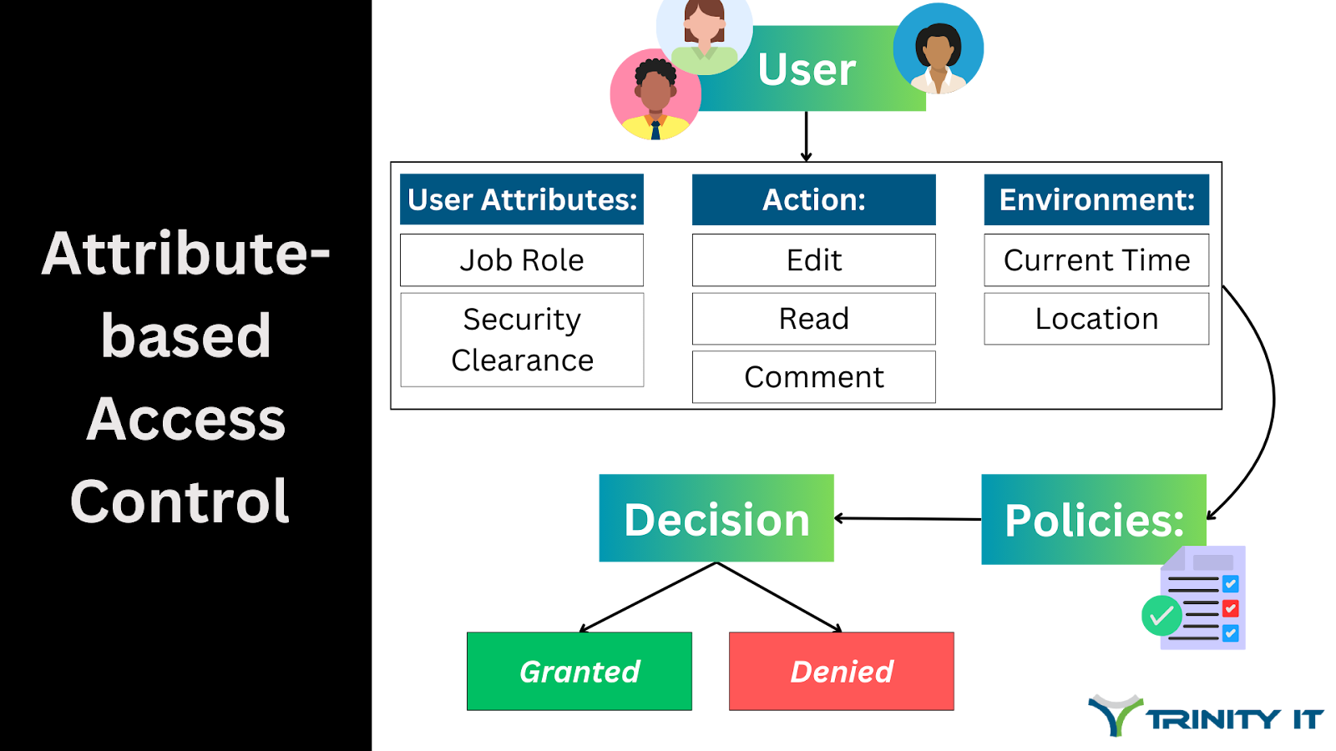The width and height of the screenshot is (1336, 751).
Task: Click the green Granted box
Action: point(579,671)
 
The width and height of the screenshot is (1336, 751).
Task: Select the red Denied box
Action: point(841,671)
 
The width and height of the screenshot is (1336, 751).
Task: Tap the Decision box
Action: point(716,518)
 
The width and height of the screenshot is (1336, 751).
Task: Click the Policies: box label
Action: point(1094,520)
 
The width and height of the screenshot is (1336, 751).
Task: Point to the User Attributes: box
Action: point(522,199)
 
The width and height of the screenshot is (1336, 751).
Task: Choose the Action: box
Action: point(814,199)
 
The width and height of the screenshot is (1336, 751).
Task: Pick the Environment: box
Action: point(1096,199)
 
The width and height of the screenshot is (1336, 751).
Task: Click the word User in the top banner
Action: point(807,69)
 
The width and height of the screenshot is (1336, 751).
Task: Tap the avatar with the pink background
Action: point(655,94)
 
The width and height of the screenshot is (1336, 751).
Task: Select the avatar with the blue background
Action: point(939,48)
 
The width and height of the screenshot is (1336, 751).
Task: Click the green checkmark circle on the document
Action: point(1161,616)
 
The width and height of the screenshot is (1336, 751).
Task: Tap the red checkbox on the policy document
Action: point(1230,608)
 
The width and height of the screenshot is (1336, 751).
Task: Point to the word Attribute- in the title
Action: point(185,254)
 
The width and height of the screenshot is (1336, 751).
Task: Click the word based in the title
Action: point(185,336)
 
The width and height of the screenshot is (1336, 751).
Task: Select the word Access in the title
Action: point(185,419)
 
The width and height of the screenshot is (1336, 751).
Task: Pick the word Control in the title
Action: point(180,502)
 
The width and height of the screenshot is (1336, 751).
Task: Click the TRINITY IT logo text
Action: point(1234,719)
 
